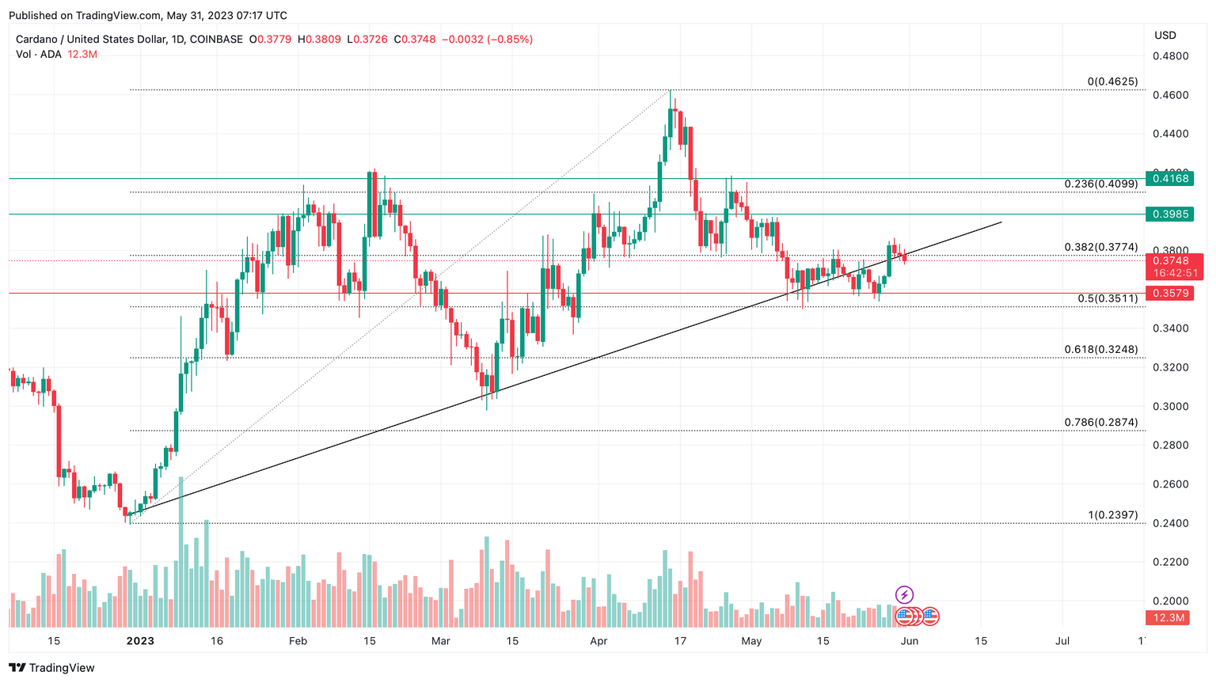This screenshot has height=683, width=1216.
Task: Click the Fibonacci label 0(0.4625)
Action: (1112, 82)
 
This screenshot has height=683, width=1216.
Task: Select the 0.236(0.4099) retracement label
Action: (1100, 184)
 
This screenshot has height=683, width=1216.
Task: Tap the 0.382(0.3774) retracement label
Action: (1100, 247)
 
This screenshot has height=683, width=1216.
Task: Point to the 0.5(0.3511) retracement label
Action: (1108, 298)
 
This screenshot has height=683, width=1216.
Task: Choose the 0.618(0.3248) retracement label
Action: (1100, 349)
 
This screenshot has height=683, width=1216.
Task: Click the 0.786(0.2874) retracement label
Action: (1100, 423)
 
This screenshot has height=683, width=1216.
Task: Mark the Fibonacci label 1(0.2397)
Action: (1112, 515)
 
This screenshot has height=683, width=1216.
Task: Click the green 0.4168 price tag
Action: (1169, 179)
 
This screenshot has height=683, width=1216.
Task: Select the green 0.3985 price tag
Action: (1169, 214)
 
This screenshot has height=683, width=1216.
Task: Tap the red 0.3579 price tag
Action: (1169, 294)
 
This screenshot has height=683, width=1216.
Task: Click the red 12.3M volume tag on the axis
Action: (1168, 617)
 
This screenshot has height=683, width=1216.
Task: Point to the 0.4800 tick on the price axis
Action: (1170, 56)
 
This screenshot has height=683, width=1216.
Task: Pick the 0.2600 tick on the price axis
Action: (1170, 484)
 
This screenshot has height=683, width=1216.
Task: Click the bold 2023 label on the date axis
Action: (140, 641)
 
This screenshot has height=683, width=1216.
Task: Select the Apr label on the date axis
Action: (598, 641)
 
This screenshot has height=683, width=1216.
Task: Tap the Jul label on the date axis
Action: (1062, 641)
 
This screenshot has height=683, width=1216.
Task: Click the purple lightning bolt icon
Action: (904, 594)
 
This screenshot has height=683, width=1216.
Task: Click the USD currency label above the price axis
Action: (1165, 36)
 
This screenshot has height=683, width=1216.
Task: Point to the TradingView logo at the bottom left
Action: (51, 668)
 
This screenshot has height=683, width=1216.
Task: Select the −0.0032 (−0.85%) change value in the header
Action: (487, 40)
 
